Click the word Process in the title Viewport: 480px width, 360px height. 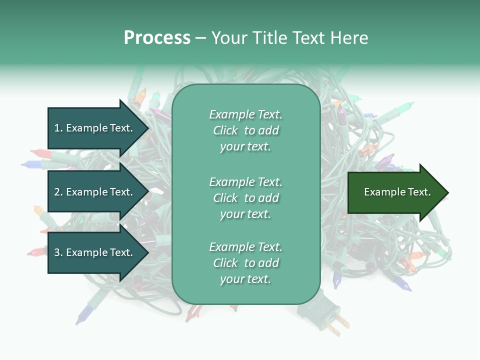point(157,38)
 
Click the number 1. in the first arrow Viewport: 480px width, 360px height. point(58,128)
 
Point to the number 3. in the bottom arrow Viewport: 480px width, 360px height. point(58,252)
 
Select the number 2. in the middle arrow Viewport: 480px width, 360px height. point(58,192)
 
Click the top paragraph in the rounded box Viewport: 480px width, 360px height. point(245,130)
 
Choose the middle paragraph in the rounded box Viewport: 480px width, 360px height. point(245,197)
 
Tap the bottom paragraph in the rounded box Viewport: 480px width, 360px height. point(245,263)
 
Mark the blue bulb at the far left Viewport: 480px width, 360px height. point(31,163)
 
